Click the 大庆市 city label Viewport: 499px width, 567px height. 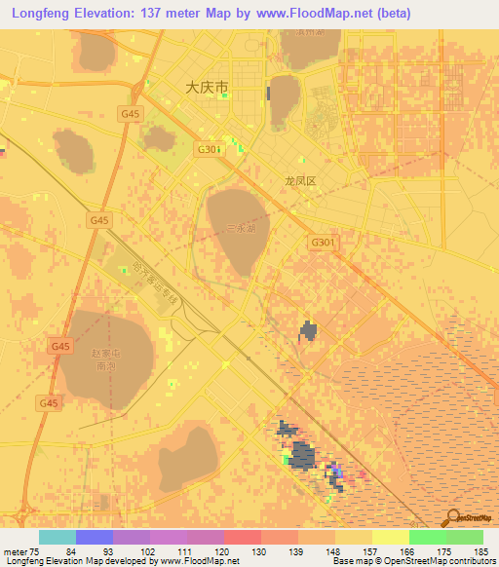tap(207, 87)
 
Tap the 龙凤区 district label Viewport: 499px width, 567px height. tap(300, 181)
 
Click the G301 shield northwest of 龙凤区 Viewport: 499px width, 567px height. tap(209, 149)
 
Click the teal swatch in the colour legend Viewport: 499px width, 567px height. tap(58, 537)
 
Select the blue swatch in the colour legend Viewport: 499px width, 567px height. tap(95, 537)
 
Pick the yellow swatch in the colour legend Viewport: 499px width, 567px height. tap(391, 537)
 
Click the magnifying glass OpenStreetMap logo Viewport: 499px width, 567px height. tap(452, 518)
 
